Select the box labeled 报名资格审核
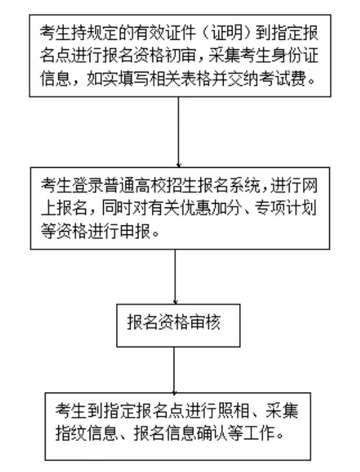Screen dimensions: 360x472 (x=179, y=325)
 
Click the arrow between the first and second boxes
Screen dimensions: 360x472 (x=179, y=132)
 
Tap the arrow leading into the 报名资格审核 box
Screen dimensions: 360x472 (x=175, y=277)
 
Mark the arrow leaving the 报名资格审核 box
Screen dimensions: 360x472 (x=174, y=370)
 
